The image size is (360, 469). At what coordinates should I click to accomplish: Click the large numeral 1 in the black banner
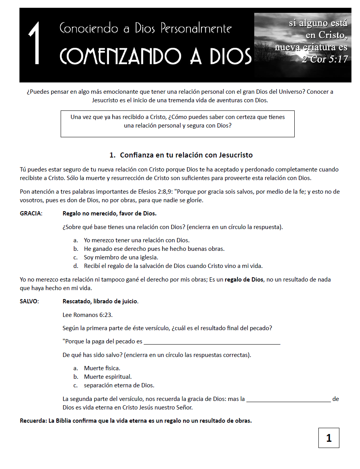click(x=35, y=44)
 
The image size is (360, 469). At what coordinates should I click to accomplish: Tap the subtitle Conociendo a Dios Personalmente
click(x=146, y=28)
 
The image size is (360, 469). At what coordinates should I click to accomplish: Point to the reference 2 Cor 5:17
click(x=325, y=59)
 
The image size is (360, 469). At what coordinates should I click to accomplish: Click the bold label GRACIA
click(x=31, y=213)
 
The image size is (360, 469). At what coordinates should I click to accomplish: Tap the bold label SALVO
click(x=29, y=301)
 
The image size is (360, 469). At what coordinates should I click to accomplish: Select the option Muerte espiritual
click(x=108, y=377)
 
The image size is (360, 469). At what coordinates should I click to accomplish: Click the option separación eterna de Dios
click(x=119, y=385)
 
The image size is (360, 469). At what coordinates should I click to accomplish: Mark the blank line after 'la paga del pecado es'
click(x=212, y=343)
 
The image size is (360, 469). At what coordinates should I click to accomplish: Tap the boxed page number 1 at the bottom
click(x=329, y=438)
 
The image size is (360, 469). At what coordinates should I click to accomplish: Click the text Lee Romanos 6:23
click(x=87, y=315)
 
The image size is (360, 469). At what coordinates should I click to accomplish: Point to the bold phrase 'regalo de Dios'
click(x=244, y=280)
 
